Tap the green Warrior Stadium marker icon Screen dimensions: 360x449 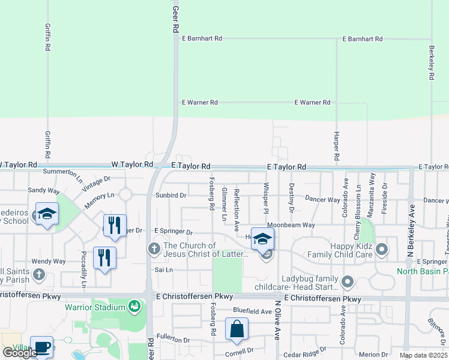[x=134, y=308]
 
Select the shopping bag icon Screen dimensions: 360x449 [x=237, y=328]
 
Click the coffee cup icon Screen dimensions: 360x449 [x=41, y=347]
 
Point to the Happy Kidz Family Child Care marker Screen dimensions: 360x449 [x=380, y=248]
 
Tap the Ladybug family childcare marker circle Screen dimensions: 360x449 [x=347, y=281]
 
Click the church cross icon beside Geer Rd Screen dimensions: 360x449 [x=154, y=248]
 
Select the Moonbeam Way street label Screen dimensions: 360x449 [x=292, y=225]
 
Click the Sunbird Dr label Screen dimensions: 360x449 [x=171, y=196]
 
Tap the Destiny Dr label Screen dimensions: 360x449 [x=292, y=198]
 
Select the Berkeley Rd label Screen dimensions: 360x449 [x=431, y=63]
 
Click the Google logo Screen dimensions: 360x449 [x=20, y=353]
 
